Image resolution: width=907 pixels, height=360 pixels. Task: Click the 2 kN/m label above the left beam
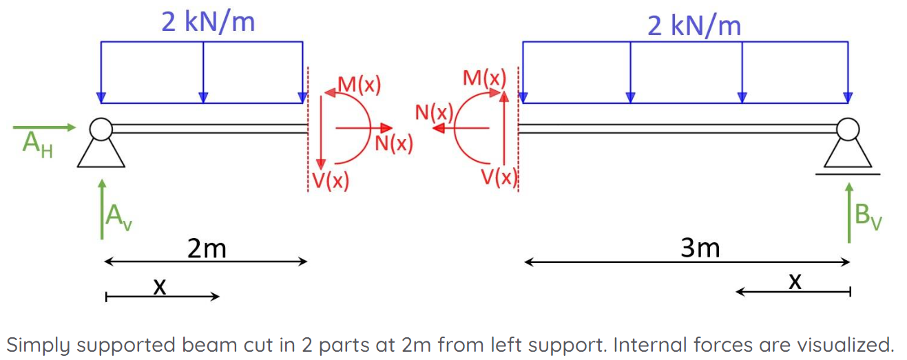coord(208,21)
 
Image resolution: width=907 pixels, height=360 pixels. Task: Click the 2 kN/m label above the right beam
coord(694,25)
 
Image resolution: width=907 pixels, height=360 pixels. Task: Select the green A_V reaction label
coord(119,218)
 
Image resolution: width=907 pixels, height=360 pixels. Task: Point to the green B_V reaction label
coord(868,218)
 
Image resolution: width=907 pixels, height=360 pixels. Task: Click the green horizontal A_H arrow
coord(44,127)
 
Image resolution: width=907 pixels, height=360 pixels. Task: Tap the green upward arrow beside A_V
coord(102,209)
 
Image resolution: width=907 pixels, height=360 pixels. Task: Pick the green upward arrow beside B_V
coord(849,213)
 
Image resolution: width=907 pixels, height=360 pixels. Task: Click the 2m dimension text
coord(207,248)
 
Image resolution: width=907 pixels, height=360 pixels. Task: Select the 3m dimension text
coord(700,248)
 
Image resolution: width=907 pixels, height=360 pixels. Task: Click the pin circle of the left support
coord(101,129)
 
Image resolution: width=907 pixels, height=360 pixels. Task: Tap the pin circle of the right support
coord(848,129)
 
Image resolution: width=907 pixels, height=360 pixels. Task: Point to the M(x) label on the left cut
coord(359,85)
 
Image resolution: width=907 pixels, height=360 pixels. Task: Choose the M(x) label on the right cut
coord(484,78)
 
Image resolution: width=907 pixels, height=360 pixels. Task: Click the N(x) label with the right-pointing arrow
coord(393,143)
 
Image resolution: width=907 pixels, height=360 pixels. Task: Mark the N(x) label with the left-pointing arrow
coord(434,112)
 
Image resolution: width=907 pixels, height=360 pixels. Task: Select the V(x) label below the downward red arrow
coord(331,181)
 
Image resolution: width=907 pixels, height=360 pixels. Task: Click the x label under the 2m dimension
coord(160,287)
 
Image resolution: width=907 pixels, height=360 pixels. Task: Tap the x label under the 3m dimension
coord(795,282)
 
